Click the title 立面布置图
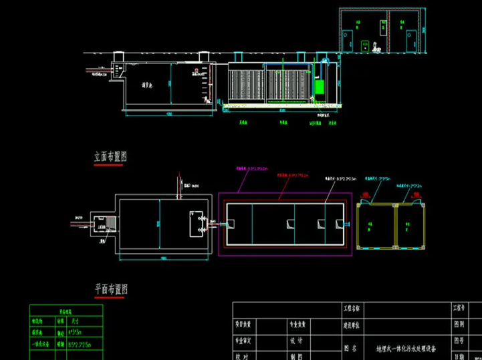point(111,157)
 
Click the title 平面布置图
point(111,289)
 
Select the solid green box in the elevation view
point(320,87)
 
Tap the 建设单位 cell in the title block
point(352,325)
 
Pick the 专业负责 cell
point(297,325)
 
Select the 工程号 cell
point(459,309)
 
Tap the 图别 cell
point(459,325)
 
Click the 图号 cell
point(459,340)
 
